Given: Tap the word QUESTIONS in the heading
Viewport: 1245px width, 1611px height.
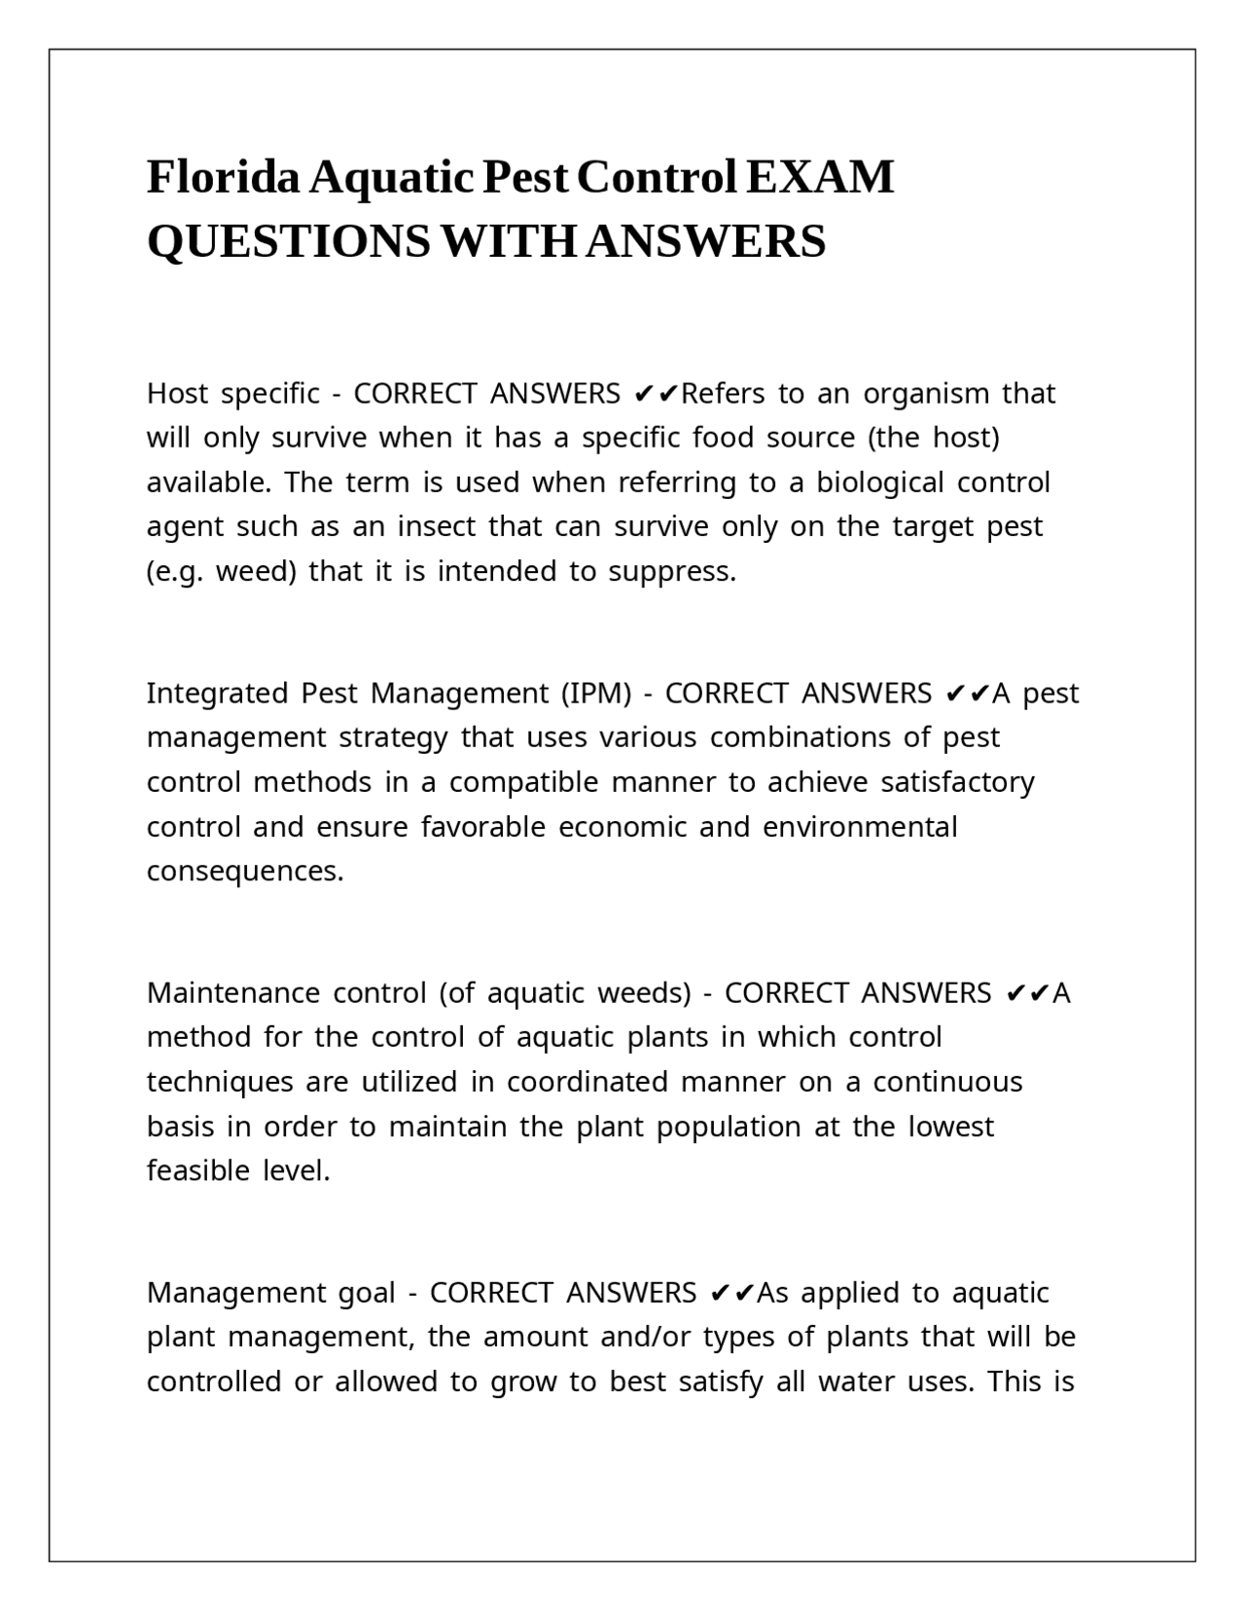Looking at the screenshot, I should (288, 241).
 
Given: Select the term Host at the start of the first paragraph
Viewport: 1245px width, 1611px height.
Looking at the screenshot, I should (177, 394).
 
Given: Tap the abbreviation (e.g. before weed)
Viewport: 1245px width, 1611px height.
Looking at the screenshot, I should (175, 572).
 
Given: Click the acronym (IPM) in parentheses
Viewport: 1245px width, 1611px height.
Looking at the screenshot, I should (595, 694).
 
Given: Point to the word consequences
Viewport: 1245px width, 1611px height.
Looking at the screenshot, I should (245, 872).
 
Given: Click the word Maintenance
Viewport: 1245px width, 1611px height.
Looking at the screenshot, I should (233, 993).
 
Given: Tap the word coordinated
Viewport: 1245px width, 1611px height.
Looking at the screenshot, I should (587, 1083).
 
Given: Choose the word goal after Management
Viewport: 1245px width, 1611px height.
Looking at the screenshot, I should (367, 1293).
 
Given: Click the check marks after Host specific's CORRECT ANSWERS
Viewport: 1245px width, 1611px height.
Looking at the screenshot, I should (657, 394).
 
